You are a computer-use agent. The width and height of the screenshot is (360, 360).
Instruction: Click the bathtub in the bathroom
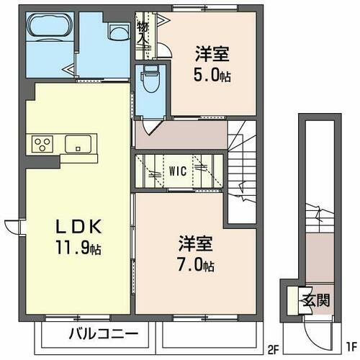pos(47,30)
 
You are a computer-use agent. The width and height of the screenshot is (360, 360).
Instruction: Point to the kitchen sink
pos(77,144)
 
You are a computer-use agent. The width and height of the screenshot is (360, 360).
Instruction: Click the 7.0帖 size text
pos(193,266)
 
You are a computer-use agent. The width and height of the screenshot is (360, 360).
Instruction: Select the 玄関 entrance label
pos(310,298)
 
